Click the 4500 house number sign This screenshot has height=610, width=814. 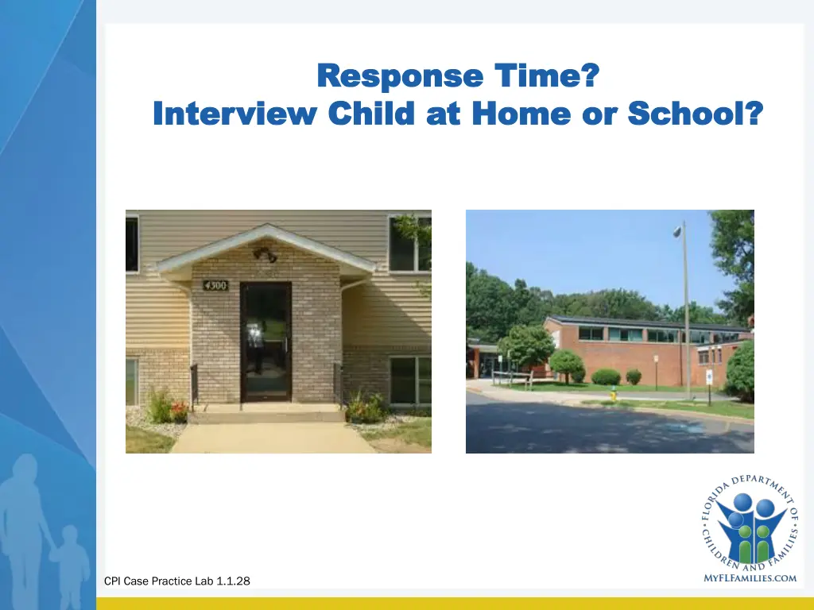pos(215,284)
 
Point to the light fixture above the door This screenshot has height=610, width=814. pos(265,255)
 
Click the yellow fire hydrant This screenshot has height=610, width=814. pos(613,394)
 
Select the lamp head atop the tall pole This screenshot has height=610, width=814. pos(677,230)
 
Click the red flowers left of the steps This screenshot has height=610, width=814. pos(179,409)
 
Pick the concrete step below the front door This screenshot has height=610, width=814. pos(266,412)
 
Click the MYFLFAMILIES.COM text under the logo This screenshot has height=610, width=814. pos(750,578)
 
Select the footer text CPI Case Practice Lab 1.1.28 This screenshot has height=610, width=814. pos(176,581)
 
